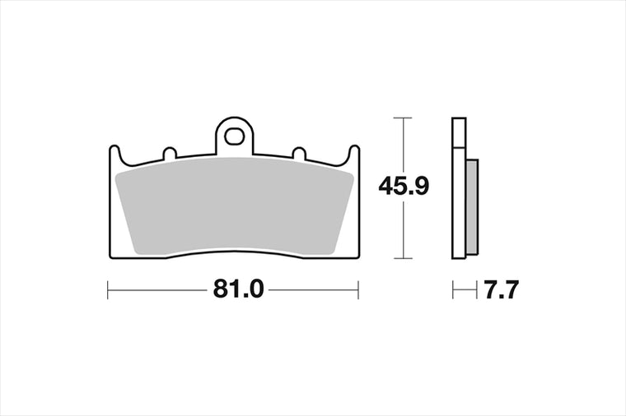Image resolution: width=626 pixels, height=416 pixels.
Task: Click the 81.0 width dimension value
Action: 238,289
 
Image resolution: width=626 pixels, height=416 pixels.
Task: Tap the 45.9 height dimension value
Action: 404,187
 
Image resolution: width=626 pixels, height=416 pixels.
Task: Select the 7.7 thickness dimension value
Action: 501,289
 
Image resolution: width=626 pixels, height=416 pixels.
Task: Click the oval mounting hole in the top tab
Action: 234,136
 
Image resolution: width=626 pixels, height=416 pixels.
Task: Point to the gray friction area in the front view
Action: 235,206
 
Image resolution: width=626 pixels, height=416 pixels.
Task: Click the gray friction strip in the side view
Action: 472,207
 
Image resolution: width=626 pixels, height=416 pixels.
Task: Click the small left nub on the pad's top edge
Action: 170,153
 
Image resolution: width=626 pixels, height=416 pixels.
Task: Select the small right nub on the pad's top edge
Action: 299,153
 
